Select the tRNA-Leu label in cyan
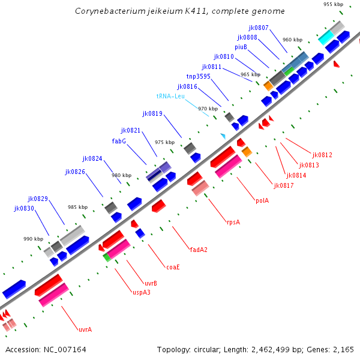tap(170, 96)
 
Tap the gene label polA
tap(262, 200)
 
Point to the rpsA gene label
tap(233, 222)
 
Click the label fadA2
tap(199, 249)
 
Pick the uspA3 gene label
tap(142, 293)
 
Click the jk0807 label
tap(259, 28)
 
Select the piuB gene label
tap(241, 47)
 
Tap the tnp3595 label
tap(198, 76)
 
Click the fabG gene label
tap(119, 141)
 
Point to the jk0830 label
tap(24, 208)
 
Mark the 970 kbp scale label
tap(207, 109)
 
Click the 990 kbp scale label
tap(33, 239)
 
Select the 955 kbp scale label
tap(333, 4)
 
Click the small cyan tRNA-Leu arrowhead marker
tap(223, 137)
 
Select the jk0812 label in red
tap(322, 155)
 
